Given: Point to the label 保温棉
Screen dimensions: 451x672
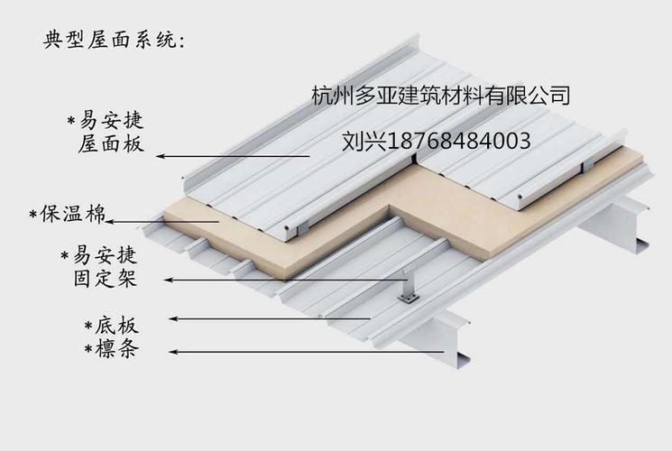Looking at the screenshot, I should coord(73,215).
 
